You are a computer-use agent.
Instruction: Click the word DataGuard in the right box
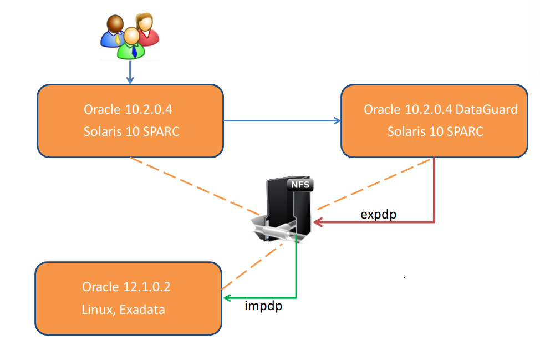(x=486, y=109)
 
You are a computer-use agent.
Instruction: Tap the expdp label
(x=379, y=215)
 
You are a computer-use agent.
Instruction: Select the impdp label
(x=263, y=306)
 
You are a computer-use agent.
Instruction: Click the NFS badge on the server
(x=300, y=185)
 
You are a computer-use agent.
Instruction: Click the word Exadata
(x=142, y=310)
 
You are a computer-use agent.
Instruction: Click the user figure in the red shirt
(x=148, y=29)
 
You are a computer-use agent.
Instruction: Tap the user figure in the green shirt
(x=131, y=43)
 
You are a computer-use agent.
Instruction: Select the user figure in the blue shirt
(x=113, y=31)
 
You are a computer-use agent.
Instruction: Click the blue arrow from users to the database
(x=130, y=72)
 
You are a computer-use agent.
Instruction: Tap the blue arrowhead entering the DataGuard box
(x=337, y=120)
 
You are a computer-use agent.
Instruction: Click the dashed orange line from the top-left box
(x=195, y=186)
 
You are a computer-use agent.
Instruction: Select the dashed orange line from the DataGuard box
(x=373, y=184)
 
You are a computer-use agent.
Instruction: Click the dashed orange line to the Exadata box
(x=252, y=266)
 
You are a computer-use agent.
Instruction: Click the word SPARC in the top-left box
(x=161, y=131)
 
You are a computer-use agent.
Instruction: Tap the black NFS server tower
(x=288, y=207)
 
